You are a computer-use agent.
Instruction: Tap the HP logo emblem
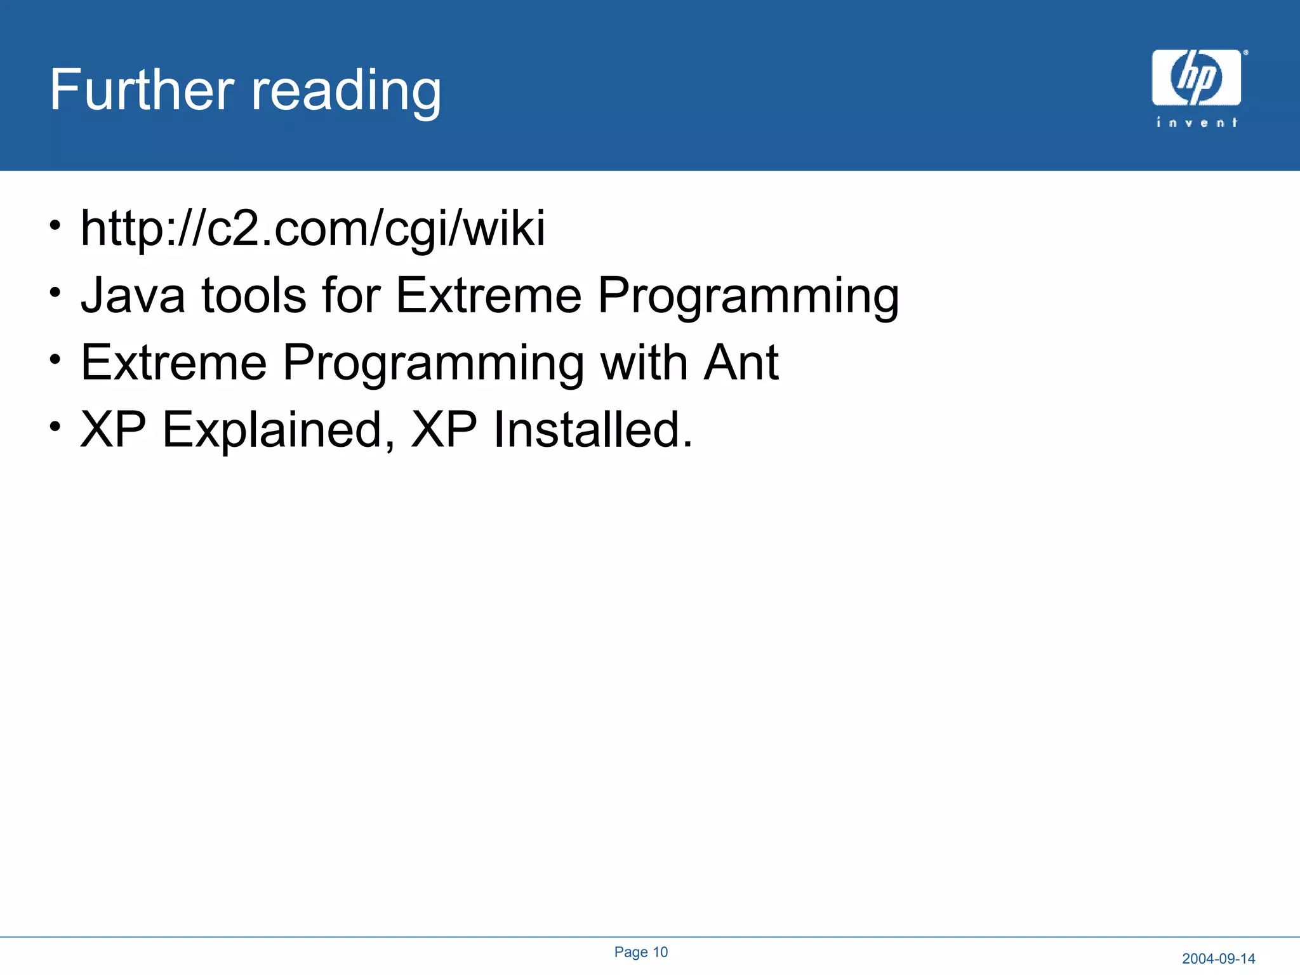tap(1196, 77)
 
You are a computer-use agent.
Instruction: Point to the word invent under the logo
tap(1197, 122)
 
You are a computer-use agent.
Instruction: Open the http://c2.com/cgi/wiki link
tap(312, 229)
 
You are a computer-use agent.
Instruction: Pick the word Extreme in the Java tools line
tap(488, 295)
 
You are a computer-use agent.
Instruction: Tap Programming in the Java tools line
tap(748, 297)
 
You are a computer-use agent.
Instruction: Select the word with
tap(644, 362)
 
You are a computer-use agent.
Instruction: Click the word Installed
tap(592, 430)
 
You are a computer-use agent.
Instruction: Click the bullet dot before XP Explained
tap(56, 425)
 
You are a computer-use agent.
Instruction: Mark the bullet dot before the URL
tap(56, 224)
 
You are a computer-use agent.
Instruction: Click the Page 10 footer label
tap(640, 952)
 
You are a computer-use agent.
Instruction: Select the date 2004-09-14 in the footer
tap(1218, 958)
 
